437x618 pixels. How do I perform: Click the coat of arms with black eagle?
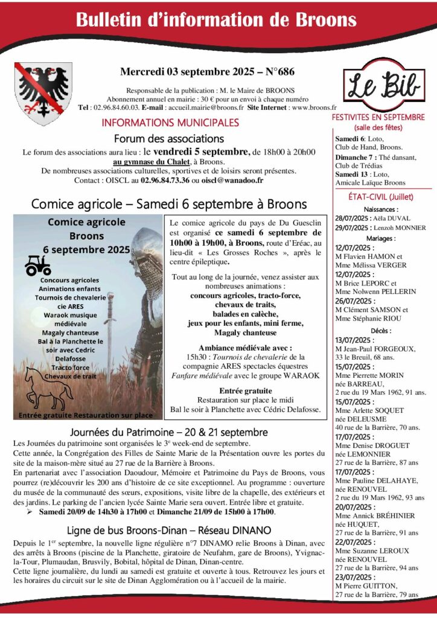click(43, 93)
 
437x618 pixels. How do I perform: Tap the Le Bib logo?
click(382, 84)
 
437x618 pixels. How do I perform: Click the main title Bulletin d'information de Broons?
click(216, 19)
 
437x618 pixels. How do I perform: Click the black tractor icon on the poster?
click(38, 265)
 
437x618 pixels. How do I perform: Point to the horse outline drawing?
click(45, 386)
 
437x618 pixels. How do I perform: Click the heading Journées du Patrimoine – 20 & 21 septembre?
click(169, 432)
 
